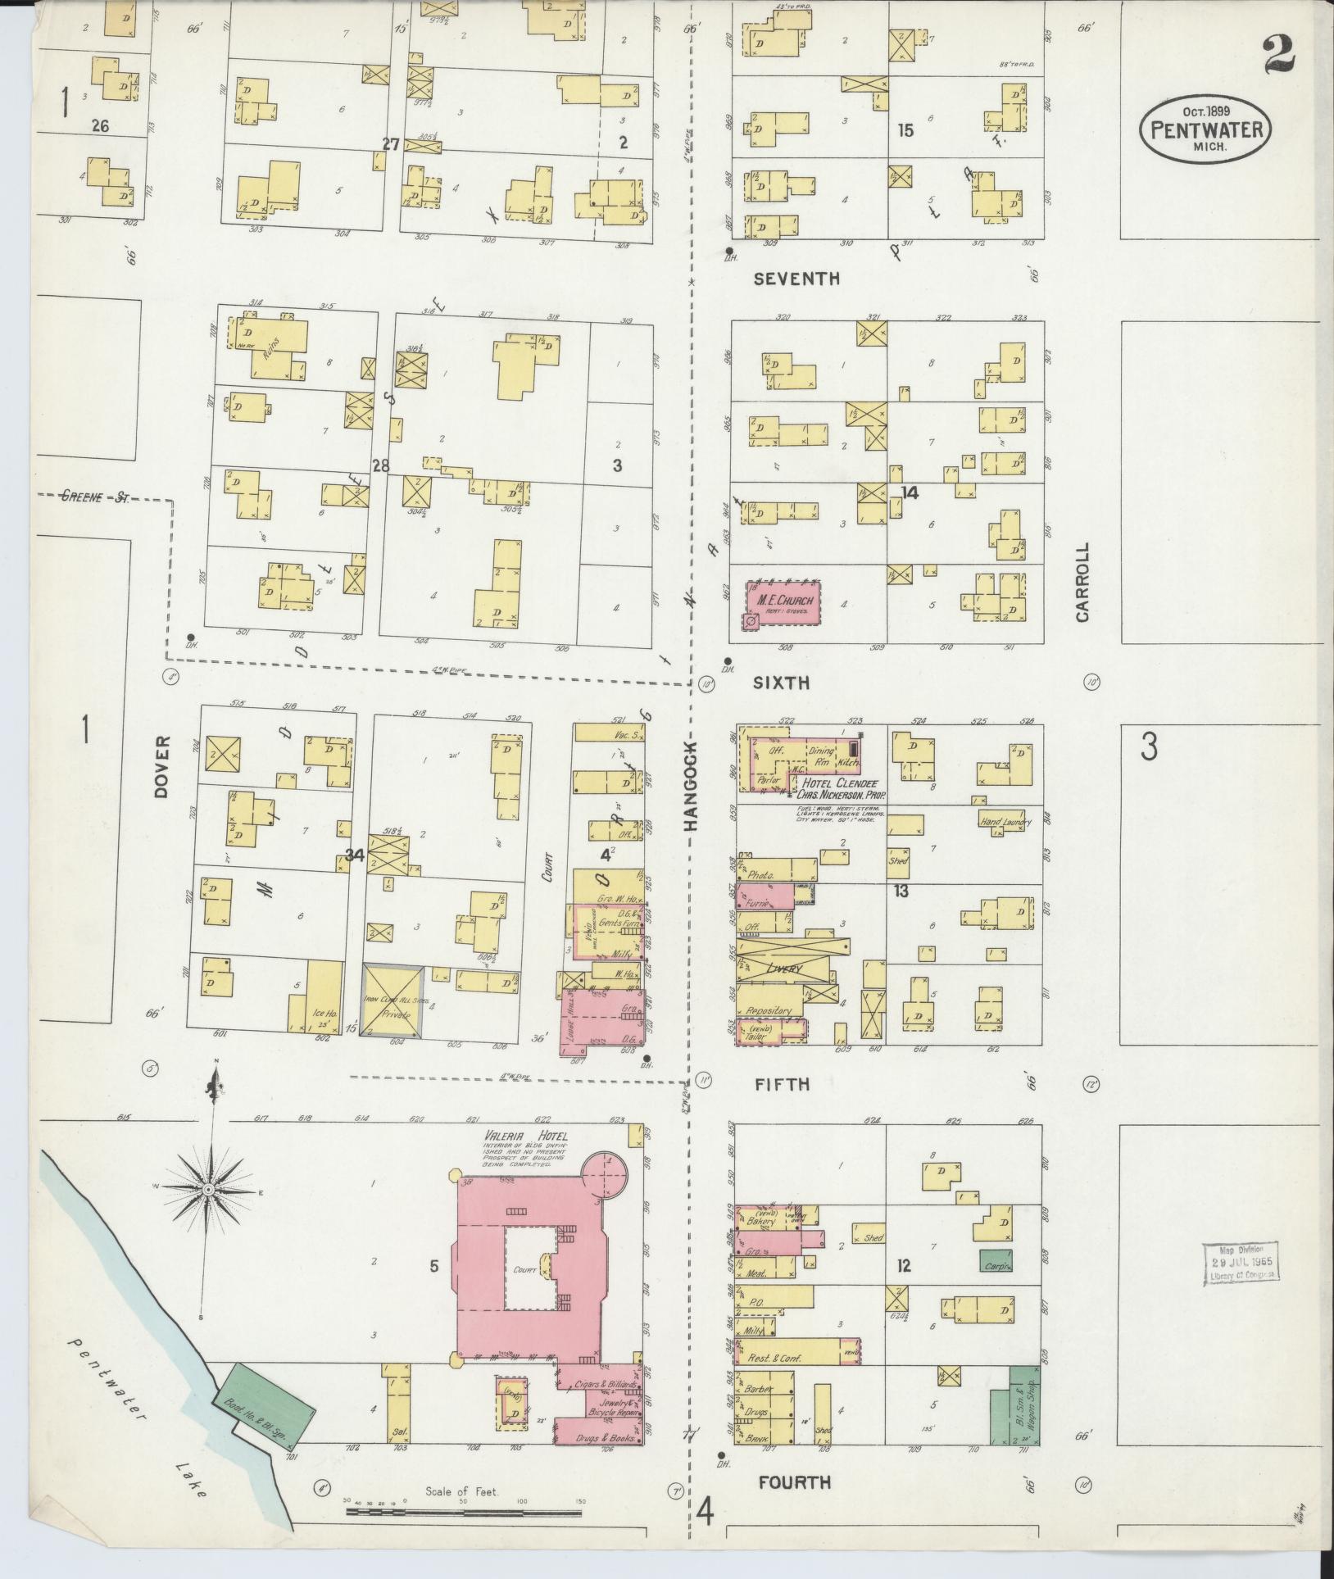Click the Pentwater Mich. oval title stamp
[x=1205, y=127]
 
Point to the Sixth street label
[x=781, y=682]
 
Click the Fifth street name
[x=782, y=1084]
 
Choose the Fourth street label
[x=794, y=1481]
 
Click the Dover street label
[x=161, y=765]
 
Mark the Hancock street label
[x=690, y=787]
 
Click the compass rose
[x=209, y=1189]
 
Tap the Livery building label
[x=785, y=968]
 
